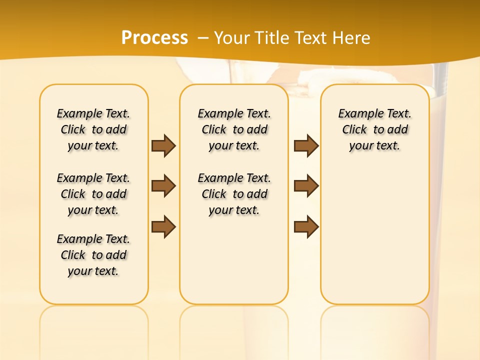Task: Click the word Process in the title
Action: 154,37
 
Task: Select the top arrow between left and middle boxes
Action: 163,145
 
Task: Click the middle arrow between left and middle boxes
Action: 163,186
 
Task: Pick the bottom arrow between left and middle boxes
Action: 163,227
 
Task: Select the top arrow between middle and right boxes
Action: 306,145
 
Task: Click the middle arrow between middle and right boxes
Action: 306,186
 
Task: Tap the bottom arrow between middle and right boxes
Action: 306,227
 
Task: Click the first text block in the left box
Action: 93,129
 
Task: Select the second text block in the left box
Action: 93,194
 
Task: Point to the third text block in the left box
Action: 93,255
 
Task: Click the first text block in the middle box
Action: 234,129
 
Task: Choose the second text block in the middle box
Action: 234,194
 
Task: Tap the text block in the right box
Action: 374,129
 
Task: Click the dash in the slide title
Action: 203,37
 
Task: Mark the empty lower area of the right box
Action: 374,235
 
